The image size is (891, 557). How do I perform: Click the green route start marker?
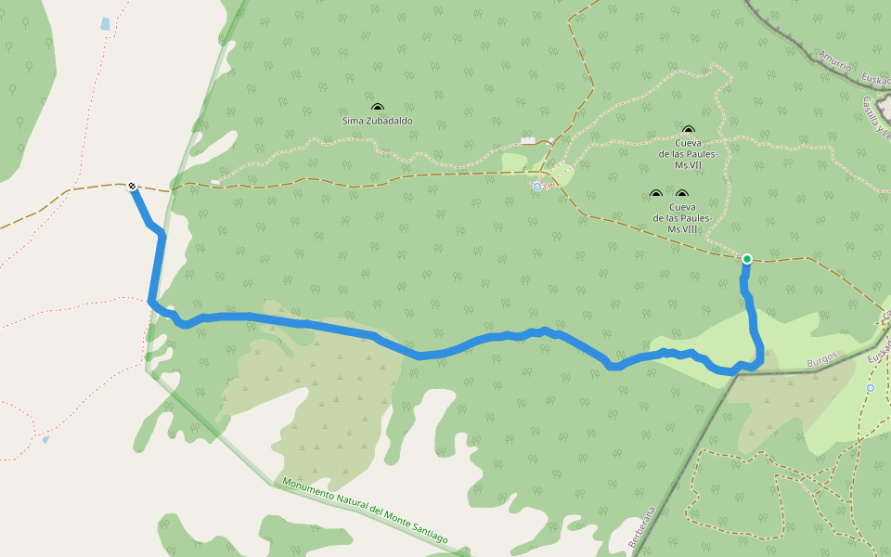pos(746,259)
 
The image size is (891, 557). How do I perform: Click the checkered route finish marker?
pos(133,186)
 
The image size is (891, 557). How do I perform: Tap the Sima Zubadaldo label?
pos(378,121)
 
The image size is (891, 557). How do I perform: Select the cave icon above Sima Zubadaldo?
pos(378,108)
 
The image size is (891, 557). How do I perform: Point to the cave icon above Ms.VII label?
pos(688,131)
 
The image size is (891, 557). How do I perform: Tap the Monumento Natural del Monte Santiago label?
pos(365,511)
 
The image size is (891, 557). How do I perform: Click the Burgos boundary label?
pos(821,356)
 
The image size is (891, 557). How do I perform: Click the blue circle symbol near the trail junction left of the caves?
pos(537,187)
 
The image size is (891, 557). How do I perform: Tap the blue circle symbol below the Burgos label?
pos(871,388)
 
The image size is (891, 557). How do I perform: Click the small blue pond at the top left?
pos(105,24)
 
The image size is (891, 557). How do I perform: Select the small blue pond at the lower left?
pos(45,439)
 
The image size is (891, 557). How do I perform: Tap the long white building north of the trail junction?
pos(528,140)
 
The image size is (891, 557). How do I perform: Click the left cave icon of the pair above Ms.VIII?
pos(655,195)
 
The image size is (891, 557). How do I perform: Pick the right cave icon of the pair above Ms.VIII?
pos(681,195)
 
